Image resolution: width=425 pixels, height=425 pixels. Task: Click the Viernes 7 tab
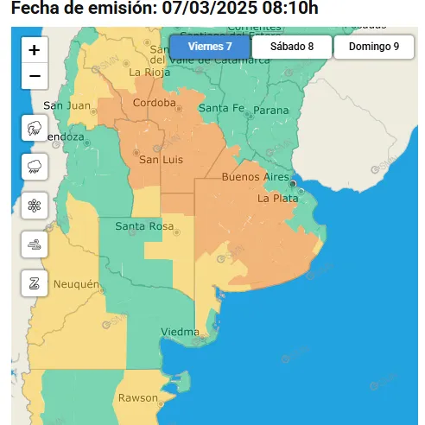point(210,47)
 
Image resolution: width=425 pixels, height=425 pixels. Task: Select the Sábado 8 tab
point(292,47)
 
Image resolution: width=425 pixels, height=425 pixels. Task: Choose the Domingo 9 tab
point(374,47)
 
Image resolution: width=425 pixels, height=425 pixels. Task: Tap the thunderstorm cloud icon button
point(35,128)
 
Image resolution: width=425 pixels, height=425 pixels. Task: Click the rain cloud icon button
point(35,166)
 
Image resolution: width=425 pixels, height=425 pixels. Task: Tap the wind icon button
point(35,244)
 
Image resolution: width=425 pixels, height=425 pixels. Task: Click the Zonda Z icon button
point(35,282)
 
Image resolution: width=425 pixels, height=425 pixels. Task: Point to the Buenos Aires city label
point(255,177)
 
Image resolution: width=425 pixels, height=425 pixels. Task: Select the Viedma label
point(180,332)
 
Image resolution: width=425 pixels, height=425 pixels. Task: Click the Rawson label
point(139,398)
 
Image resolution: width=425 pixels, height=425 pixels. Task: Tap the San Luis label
point(159,160)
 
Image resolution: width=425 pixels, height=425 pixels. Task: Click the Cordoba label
point(155,104)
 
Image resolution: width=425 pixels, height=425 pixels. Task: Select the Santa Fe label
point(221,108)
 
